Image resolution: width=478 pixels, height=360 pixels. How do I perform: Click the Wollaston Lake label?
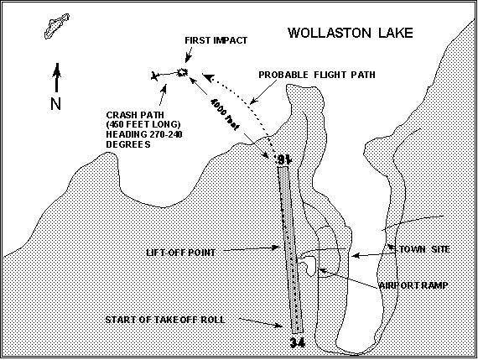click(x=351, y=33)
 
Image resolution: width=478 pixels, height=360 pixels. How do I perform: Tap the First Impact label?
click(x=216, y=40)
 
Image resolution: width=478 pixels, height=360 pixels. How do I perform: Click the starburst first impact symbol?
click(x=182, y=72)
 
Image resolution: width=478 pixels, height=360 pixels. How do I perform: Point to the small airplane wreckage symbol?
click(x=155, y=76)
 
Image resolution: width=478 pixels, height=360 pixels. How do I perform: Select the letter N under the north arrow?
click(x=55, y=103)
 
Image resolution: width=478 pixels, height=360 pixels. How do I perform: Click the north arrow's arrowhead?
click(x=57, y=70)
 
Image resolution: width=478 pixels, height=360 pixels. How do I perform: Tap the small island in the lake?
click(x=57, y=26)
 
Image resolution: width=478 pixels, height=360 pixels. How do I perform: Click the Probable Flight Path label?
click(x=317, y=75)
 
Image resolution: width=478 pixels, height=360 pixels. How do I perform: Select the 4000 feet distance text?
click(x=225, y=114)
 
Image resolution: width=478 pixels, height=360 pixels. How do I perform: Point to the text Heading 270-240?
click(x=144, y=134)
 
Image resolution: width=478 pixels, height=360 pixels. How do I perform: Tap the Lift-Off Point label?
click(x=181, y=253)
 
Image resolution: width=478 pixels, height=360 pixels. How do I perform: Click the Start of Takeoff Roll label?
click(x=165, y=320)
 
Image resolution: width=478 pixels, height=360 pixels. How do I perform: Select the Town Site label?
click(x=424, y=249)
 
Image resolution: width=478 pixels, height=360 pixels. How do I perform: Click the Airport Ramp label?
click(x=413, y=285)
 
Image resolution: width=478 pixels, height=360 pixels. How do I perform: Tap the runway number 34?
click(x=297, y=343)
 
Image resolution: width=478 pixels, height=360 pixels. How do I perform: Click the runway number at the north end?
click(x=283, y=159)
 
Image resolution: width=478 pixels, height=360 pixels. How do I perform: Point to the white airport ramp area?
click(x=309, y=264)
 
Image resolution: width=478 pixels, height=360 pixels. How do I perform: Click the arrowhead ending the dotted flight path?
click(x=208, y=77)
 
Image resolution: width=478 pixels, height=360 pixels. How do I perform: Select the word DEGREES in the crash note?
click(x=128, y=144)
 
